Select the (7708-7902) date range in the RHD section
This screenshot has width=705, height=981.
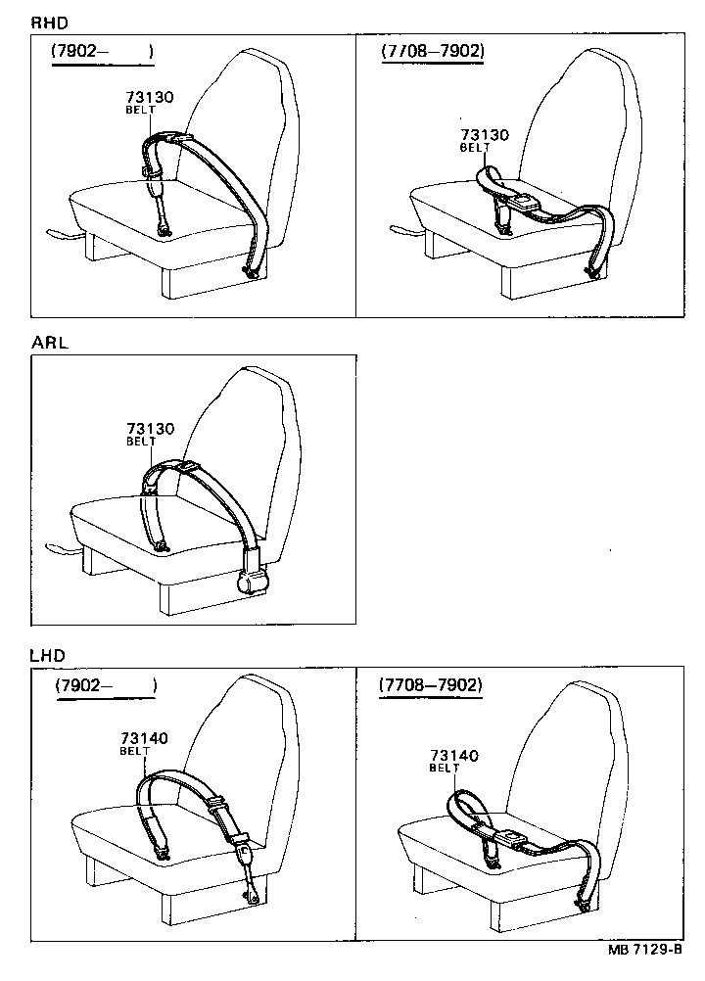(432, 51)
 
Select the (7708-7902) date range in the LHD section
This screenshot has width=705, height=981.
(431, 686)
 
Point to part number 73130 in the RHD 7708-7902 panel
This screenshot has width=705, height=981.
(485, 136)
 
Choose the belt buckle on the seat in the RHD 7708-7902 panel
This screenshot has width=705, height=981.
(526, 204)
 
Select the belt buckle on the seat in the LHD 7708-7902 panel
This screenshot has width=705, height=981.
(509, 838)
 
